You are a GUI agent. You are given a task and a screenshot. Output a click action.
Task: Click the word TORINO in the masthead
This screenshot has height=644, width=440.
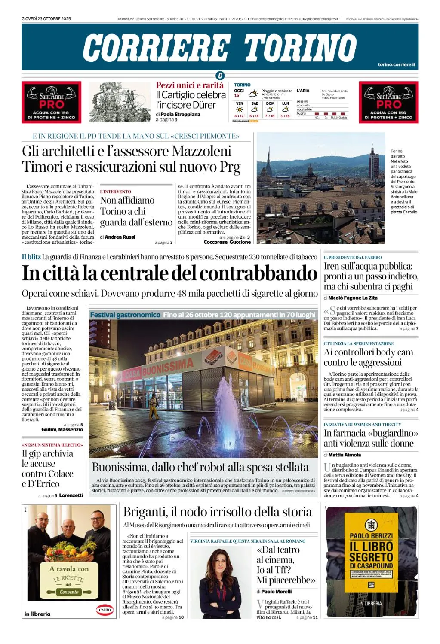coord(300,48)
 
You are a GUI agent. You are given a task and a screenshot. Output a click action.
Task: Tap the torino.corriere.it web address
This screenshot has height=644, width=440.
coord(397,64)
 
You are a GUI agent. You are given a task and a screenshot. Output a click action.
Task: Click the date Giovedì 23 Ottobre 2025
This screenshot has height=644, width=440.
coord(46,19)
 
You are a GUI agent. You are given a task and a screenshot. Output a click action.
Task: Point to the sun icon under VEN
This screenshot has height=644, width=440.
coord(240,109)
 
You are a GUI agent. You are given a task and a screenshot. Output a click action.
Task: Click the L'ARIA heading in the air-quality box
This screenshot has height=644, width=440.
coord(303,91)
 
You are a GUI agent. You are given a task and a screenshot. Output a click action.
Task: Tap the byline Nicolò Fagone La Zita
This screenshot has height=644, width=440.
coord(353,298)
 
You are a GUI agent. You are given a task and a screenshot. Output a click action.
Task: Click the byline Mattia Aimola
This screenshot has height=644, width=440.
coord(345,455)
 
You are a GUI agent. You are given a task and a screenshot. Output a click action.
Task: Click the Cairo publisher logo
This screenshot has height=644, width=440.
coord(105,610)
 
